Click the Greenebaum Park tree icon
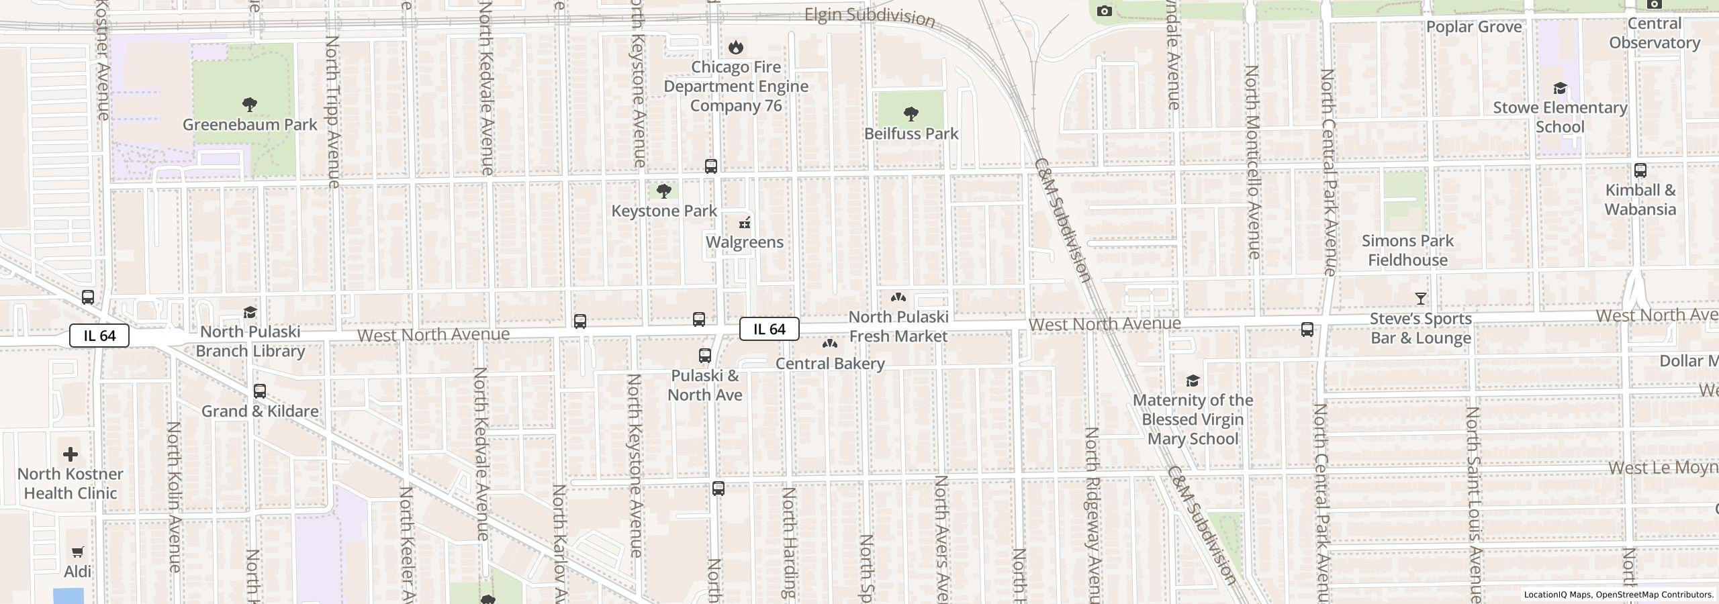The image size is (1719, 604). pyautogui.click(x=249, y=104)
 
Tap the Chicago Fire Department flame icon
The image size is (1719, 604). pyautogui.click(x=735, y=47)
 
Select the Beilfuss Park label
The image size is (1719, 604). pyautogui.click(x=911, y=134)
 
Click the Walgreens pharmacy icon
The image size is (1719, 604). pyautogui.click(x=744, y=223)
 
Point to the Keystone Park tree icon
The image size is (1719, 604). pyautogui.click(x=663, y=192)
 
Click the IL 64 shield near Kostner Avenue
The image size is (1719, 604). pyautogui.click(x=99, y=336)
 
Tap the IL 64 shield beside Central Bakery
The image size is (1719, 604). pyautogui.click(x=769, y=329)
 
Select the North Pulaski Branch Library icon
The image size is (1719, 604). pyautogui.click(x=250, y=313)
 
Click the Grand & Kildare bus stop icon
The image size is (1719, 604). pyautogui.click(x=260, y=391)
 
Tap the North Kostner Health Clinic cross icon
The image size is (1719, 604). pyautogui.click(x=70, y=454)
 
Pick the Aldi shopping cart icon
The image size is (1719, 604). pyautogui.click(x=77, y=552)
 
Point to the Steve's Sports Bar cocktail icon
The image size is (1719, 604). pyautogui.click(x=1420, y=299)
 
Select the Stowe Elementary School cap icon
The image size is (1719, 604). pyautogui.click(x=1559, y=89)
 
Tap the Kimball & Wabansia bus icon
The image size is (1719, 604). pyautogui.click(x=1640, y=170)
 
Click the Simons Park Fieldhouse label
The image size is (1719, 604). pyautogui.click(x=1407, y=250)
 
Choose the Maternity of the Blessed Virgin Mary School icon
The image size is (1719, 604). pyautogui.click(x=1192, y=381)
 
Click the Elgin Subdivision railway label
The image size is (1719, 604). pyautogui.click(x=870, y=17)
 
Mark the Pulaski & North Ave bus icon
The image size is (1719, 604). pyautogui.click(x=704, y=356)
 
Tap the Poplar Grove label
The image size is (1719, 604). pyautogui.click(x=1473, y=27)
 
